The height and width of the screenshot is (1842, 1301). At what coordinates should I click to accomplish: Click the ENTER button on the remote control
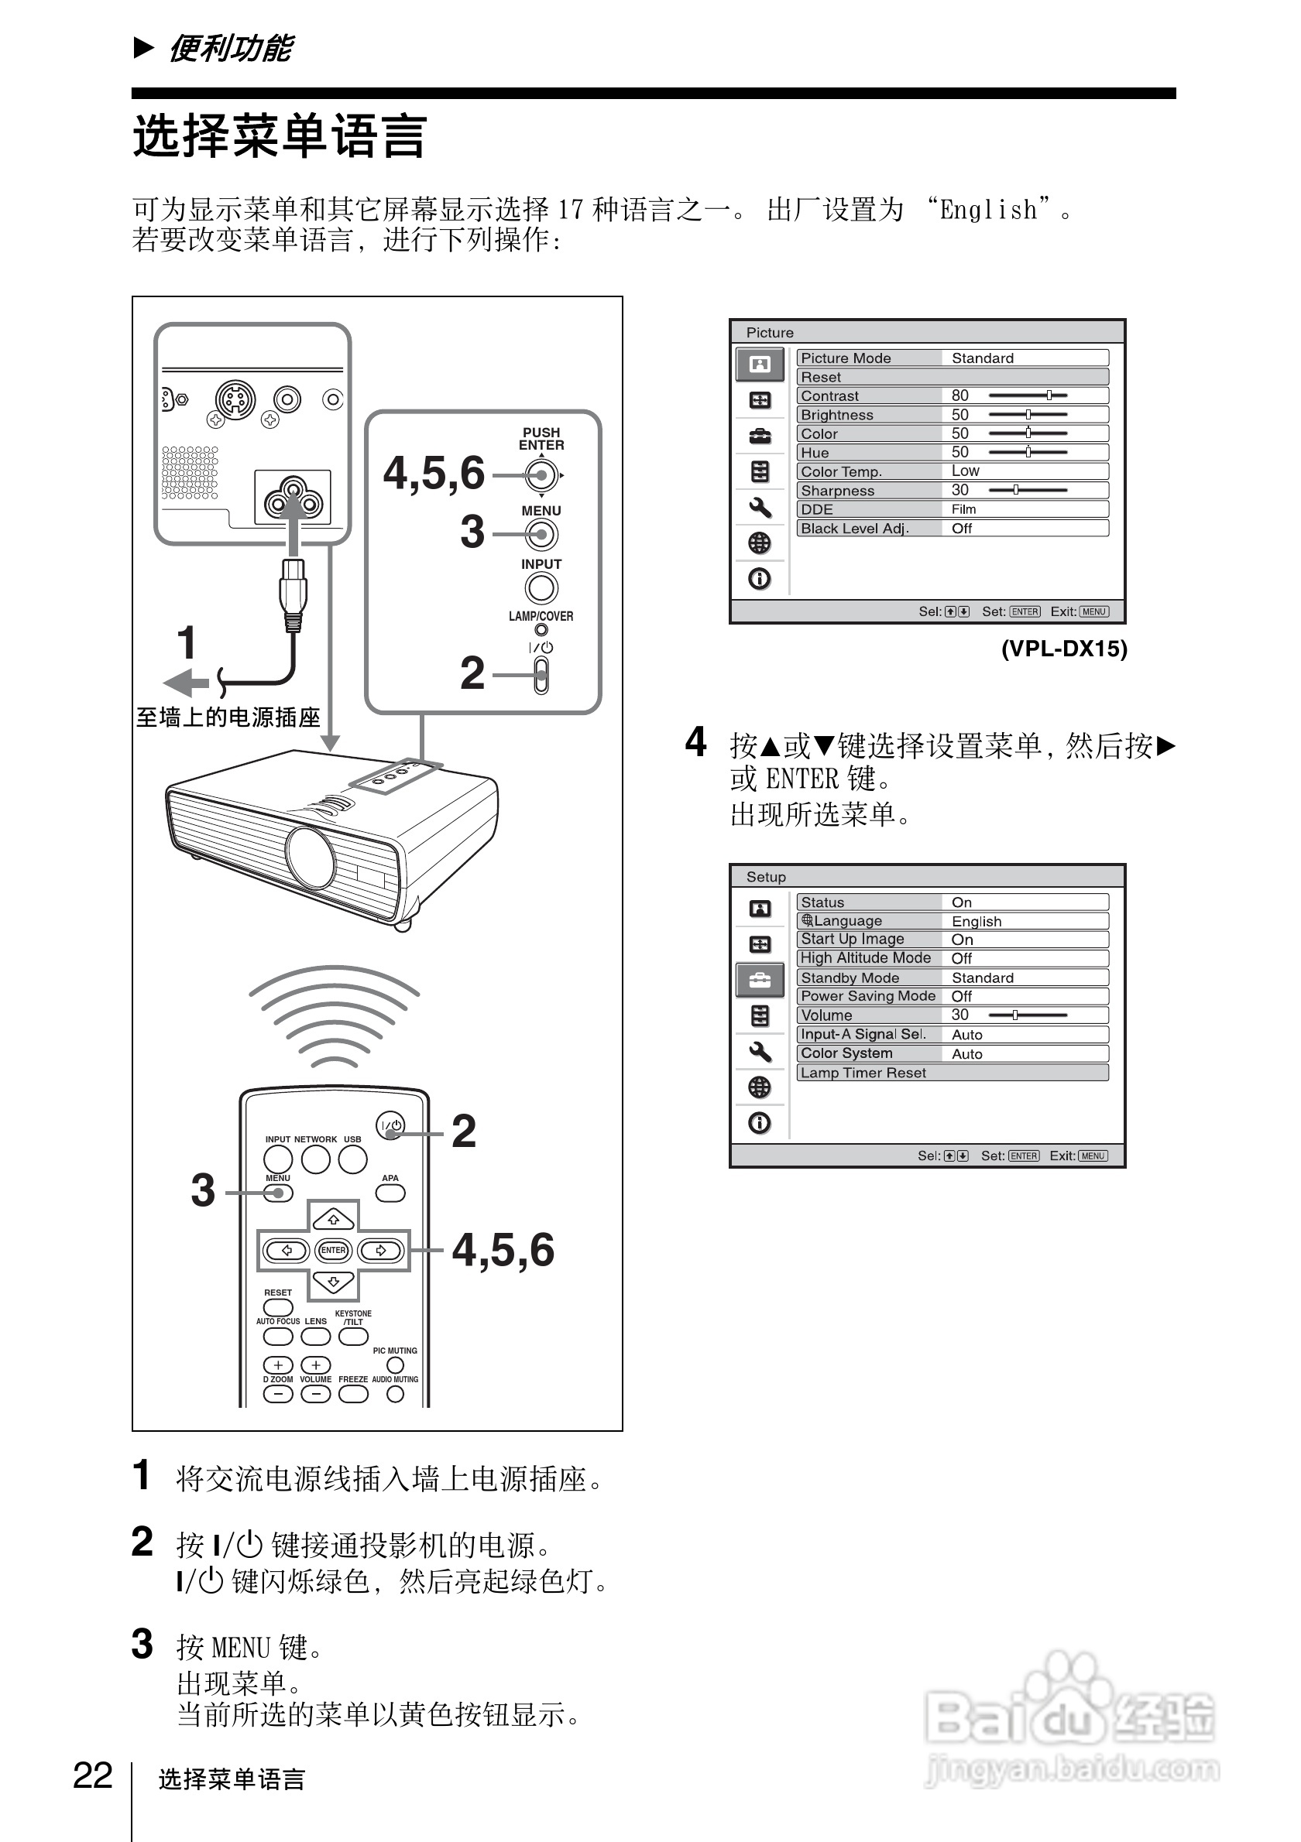point(333,1250)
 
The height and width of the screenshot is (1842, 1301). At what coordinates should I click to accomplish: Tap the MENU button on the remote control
point(278,1193)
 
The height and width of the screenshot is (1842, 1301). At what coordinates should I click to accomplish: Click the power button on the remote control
point(390,1125)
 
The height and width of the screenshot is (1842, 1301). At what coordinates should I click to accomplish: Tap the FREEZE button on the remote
point(353,1395)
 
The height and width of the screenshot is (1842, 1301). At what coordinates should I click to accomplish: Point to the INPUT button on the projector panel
point(541,588)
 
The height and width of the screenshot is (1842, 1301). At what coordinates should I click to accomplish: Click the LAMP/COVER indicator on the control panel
point(541,630)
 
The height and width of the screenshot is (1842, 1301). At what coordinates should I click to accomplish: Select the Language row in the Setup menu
point(952,921)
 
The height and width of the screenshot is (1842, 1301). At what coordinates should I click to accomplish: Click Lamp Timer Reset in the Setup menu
point(952,1073)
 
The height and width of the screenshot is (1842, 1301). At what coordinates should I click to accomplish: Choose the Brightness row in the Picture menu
point(952,415)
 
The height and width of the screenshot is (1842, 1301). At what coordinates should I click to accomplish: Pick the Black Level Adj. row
point(952,528)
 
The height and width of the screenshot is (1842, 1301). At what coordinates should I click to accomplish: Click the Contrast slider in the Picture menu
point(1028,395)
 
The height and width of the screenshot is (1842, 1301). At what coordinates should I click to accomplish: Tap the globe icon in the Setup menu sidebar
point(759,1087)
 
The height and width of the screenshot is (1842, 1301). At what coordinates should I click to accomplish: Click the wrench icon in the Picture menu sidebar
point(759,507)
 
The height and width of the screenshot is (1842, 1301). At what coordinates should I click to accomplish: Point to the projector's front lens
point(310,857)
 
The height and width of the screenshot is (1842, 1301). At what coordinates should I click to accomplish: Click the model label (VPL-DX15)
point(1063,649)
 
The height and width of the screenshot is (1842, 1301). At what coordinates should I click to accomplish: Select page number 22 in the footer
point(92,1776)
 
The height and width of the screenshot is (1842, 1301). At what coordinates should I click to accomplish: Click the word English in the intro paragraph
point(988,211)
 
